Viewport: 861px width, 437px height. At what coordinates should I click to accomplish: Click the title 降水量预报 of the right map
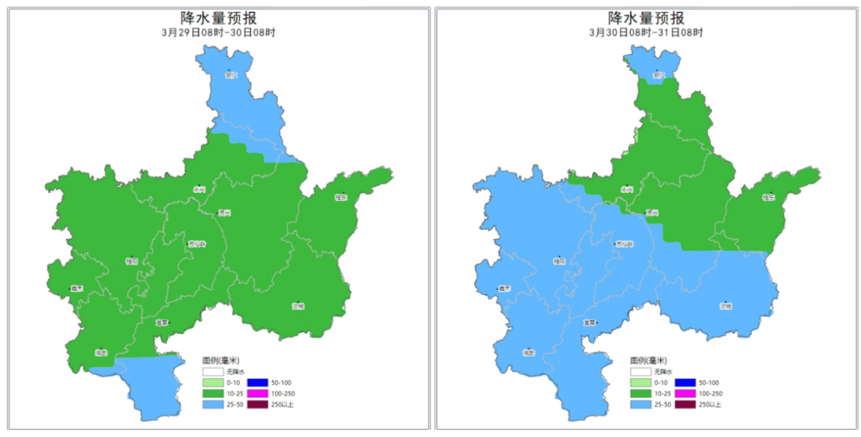point(647,18)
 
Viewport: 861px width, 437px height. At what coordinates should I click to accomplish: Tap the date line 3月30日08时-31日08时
point(647,33)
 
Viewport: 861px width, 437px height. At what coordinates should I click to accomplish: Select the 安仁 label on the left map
point(231,77)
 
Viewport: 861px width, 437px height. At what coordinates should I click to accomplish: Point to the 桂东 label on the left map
point(341,197)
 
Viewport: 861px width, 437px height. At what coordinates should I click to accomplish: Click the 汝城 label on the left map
point(299,305)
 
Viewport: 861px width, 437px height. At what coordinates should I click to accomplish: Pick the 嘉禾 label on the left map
point(77,289)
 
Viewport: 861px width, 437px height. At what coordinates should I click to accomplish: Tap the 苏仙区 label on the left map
point(195,244)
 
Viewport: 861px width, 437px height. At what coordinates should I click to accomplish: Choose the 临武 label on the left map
point(101,352)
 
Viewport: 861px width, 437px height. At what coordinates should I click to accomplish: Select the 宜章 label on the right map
point(590,322)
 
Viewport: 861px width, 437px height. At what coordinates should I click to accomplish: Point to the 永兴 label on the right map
point(627,189)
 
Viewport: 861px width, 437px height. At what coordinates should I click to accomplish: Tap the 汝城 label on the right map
point(725,305)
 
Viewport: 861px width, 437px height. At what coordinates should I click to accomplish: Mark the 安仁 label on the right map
point(659,77)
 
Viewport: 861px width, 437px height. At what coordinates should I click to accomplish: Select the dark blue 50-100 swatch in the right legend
point(684,383)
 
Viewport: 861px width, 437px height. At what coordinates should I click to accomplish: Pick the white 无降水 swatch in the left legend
point(211,372)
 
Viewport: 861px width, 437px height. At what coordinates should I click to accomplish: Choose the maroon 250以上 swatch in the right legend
point(684,404)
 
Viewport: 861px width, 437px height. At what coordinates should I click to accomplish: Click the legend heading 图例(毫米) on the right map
point(647,360)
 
